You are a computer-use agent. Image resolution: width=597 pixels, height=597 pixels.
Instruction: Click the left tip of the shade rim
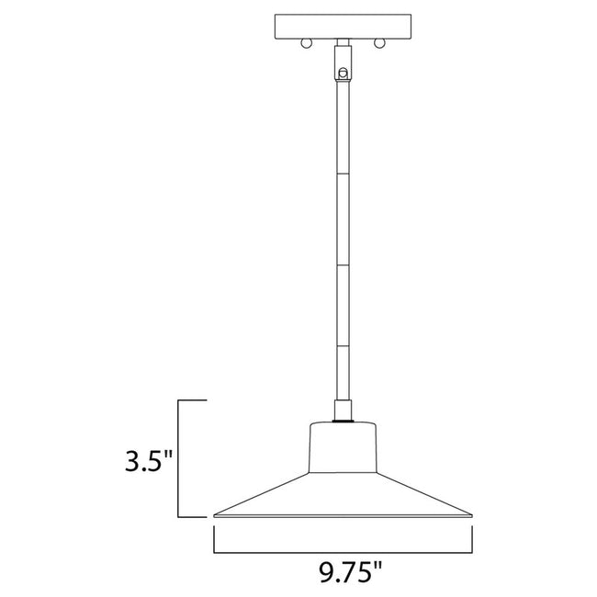(214, 513)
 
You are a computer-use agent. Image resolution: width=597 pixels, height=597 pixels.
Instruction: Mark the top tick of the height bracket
(190, 401)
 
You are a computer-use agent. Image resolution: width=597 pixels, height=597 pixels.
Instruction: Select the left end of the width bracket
(215, 540)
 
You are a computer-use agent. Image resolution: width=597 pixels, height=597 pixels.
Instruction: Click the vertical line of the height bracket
(177, 459)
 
